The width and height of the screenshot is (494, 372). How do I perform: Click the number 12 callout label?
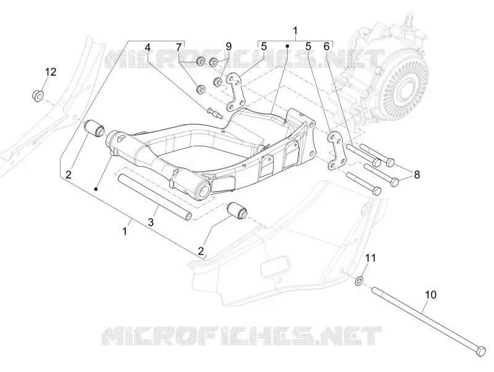point(51,72)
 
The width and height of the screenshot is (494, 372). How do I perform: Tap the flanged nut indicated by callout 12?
point(38,96)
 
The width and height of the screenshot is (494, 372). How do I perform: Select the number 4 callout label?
point(147,48)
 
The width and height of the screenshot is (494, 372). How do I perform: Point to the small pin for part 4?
point(214,112)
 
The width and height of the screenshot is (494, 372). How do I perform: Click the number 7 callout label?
point(178,48)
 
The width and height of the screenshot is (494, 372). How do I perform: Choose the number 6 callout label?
point(327,47)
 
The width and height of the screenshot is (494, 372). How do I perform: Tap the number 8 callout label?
point(417,174)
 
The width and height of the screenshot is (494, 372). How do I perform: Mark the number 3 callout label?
point(151,222)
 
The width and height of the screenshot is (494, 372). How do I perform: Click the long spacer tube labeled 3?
point(154,196)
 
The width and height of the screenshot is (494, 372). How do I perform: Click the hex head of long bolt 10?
point(480,351)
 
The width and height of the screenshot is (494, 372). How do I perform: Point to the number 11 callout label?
point(371,258)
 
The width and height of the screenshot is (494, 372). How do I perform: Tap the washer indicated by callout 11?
point(359,280)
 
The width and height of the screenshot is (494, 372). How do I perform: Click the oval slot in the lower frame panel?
point(274,267)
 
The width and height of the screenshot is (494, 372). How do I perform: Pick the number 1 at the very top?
point(295,31)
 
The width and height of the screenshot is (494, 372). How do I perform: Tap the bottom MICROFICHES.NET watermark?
point(242,336)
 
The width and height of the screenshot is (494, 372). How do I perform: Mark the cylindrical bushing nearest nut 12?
point(95,129)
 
